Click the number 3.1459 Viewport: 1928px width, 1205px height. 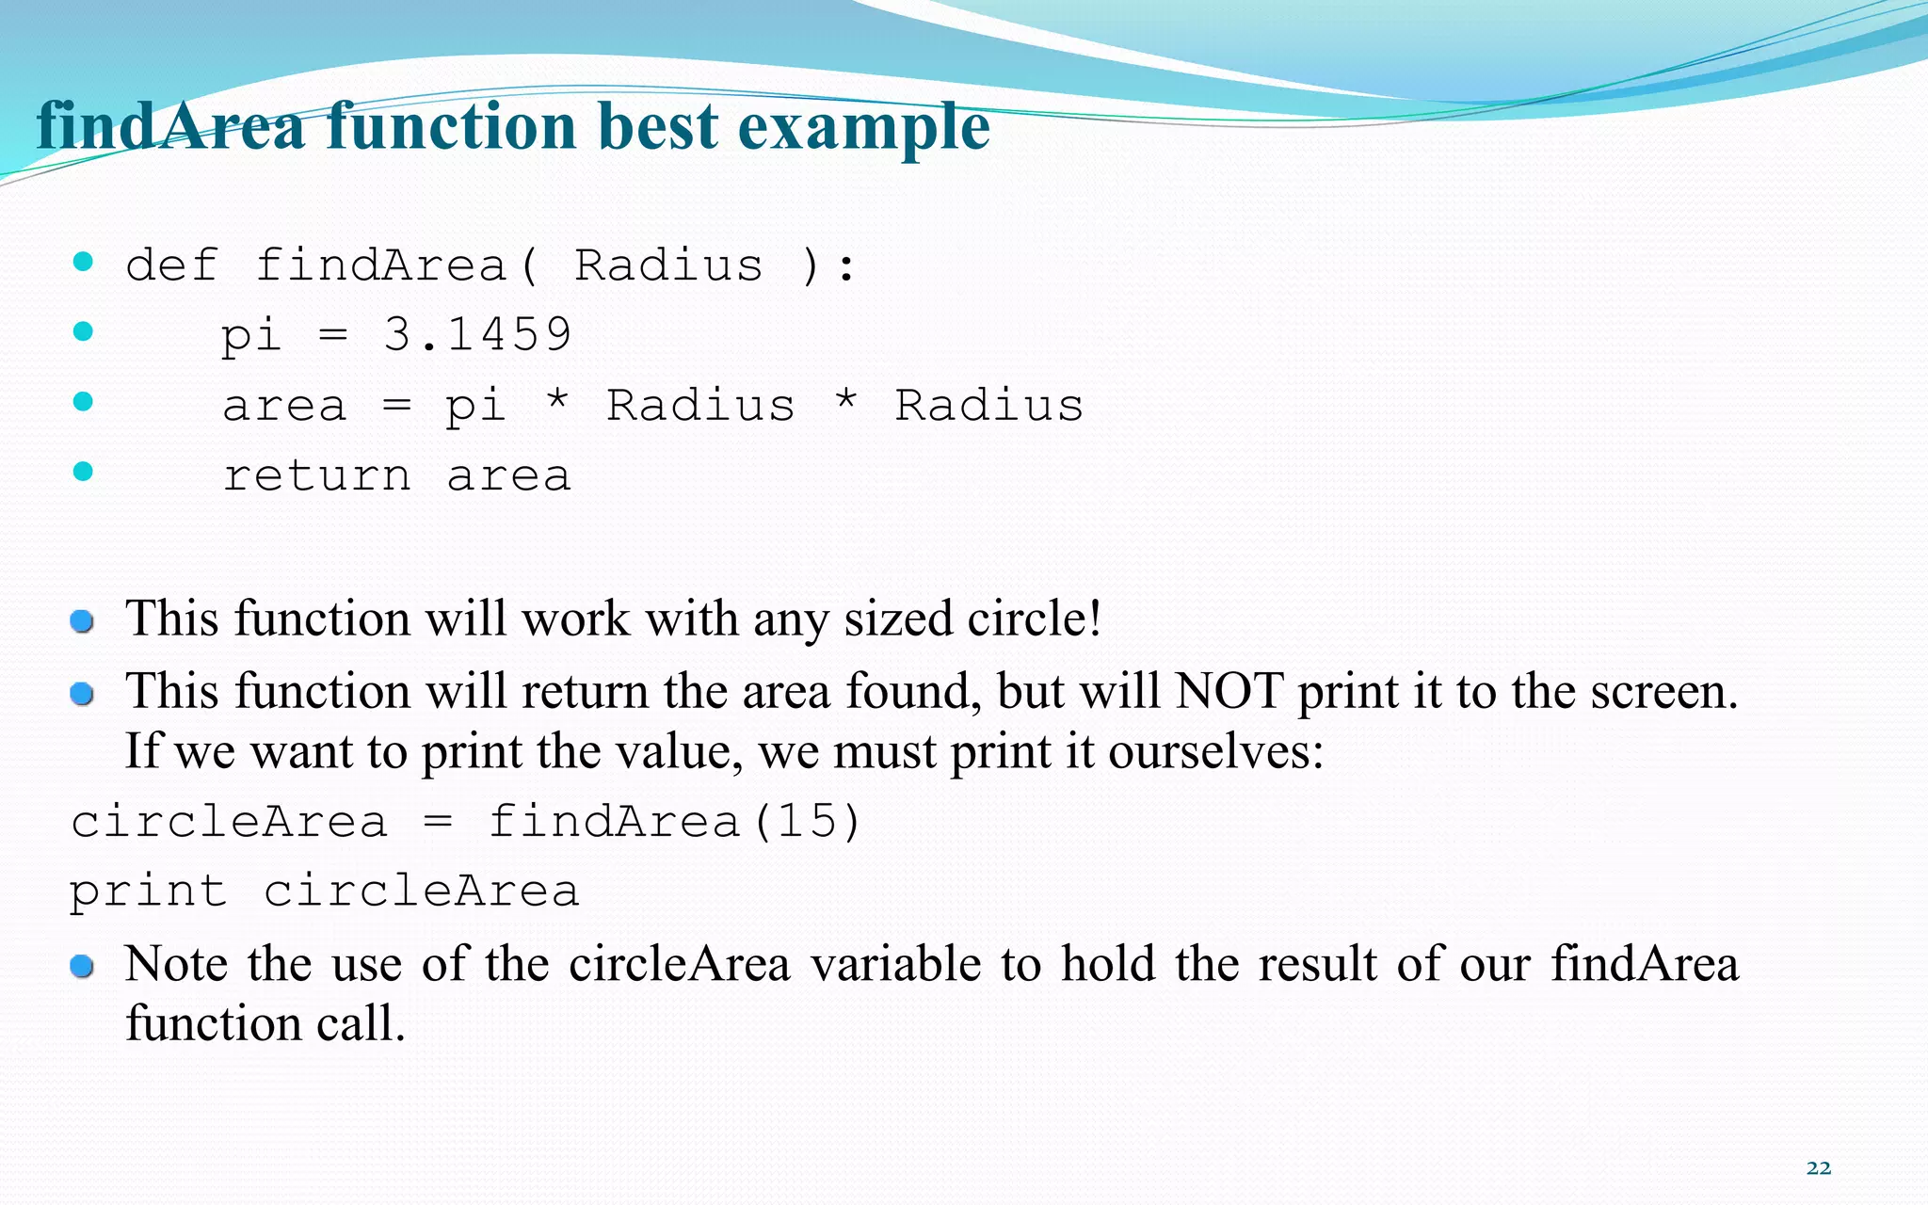[477, 334]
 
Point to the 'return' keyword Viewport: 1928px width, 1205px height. [316, 475]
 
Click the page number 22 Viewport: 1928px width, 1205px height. [1818, 1168]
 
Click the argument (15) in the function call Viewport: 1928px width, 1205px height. [807, 821]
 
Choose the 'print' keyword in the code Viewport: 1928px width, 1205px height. [148, 892]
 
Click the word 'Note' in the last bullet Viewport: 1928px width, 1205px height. [176, 964]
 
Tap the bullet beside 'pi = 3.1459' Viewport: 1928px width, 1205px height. [83, 331]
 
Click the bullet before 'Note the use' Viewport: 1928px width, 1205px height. [82, 966]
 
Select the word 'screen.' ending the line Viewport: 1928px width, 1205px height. [1663, 692]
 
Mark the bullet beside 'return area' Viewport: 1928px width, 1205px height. [83, 472]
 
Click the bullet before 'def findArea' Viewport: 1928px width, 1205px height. [83, 262]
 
